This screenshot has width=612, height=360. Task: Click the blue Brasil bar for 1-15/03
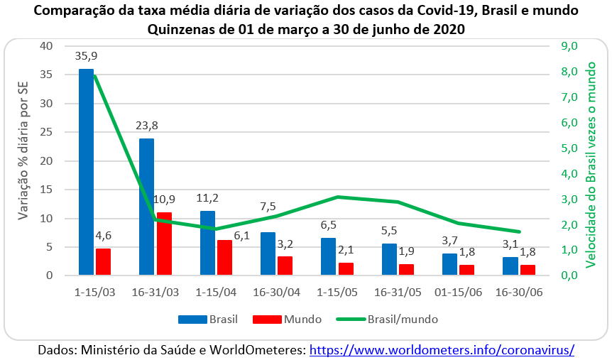(86, 172)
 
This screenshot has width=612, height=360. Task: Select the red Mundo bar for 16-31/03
(164, 244)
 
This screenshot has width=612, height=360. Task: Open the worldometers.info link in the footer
(442, 350)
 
